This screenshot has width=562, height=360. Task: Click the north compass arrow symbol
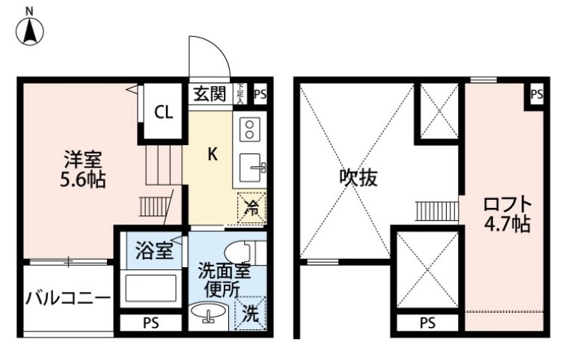(x=30, y=29)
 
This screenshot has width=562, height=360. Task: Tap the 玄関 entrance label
(x=210, y=94)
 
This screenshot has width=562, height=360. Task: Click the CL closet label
(x=164, y=113)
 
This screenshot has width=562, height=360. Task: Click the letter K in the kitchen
(x=213, y=155)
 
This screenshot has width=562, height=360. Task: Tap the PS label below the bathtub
(x=150, y=324)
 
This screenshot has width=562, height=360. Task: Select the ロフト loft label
(x=507, y=204)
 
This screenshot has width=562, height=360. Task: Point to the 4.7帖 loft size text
(x=507, y=224)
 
